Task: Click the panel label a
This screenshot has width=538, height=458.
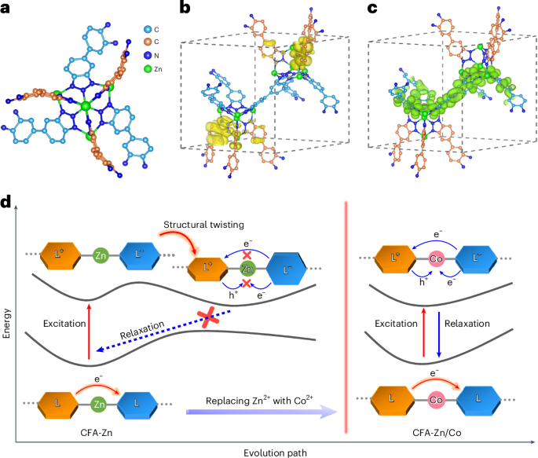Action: (x=6, y=8)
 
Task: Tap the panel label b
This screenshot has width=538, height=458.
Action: (x=185, y=8)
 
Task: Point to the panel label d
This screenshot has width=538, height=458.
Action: (x=6, y=203)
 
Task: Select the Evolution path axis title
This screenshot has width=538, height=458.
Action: (x=269, y=451)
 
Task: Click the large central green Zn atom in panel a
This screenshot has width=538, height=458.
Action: (x=86, y=105)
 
